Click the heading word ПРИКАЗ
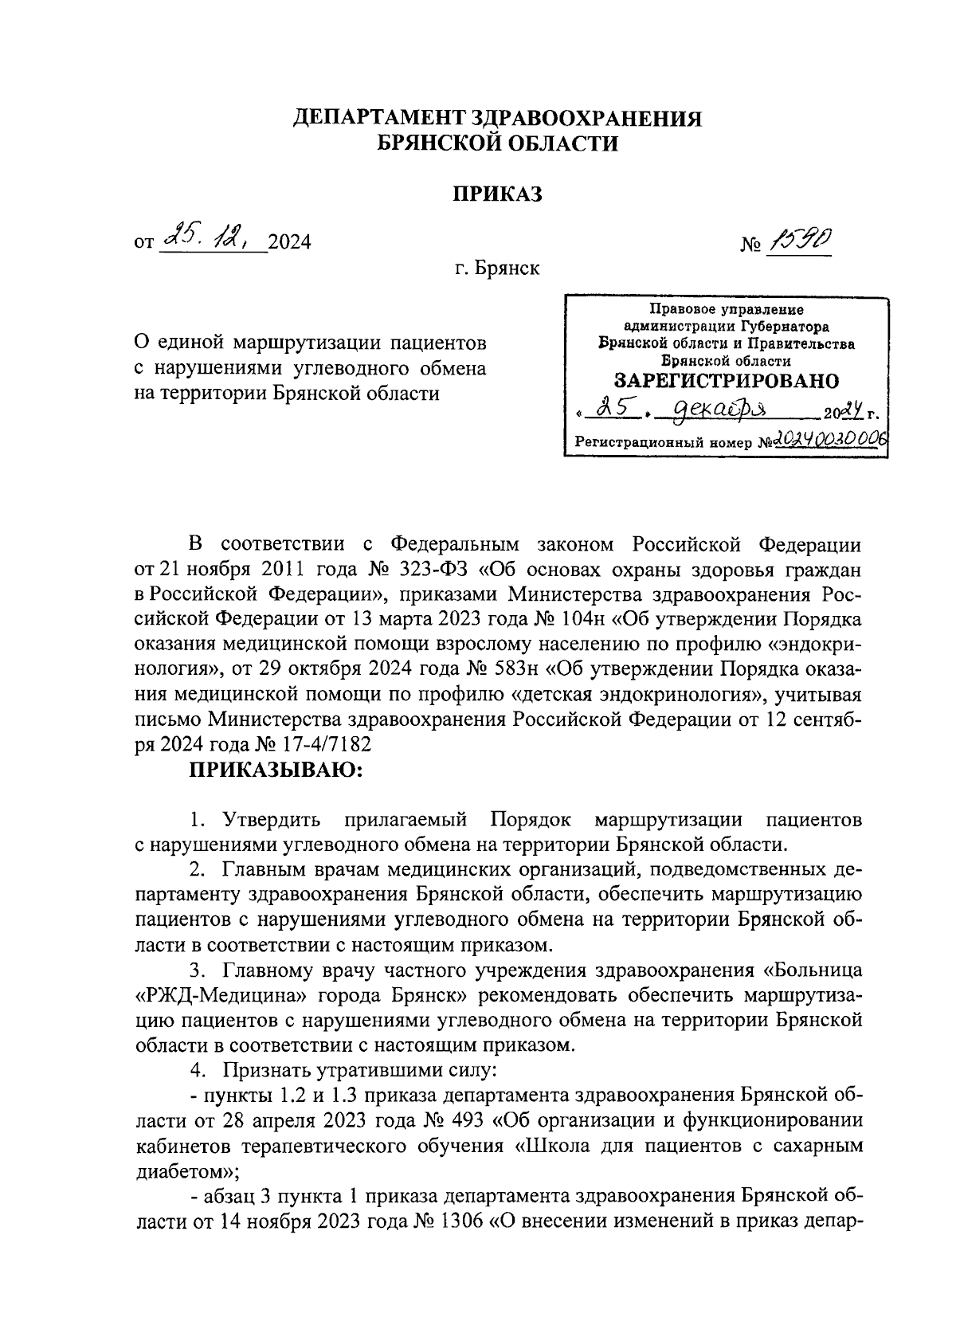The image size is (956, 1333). (x=497, y=194)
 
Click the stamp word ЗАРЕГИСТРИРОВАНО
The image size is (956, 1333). (x=727, y=380)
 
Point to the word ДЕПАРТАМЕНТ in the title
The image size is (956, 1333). (x=377, y=120)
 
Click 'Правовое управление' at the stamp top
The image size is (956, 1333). (x=727, y=310)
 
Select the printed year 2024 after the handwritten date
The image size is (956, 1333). (x=289, y=242)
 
